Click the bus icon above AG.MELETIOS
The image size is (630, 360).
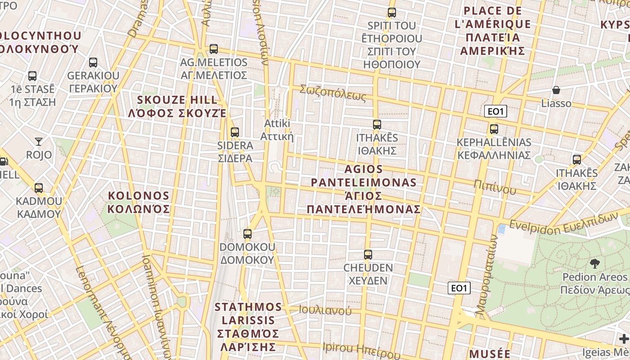[214, 49]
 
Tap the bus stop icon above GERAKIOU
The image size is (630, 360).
[93, 62]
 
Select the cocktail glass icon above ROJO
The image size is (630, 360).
[39, 142]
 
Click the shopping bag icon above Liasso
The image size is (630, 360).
[556, 90]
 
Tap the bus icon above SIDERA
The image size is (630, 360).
[234, 132]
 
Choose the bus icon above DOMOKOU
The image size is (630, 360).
[247, 234]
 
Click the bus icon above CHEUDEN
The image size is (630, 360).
[368, 255]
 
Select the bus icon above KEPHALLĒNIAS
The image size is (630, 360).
[494, 129]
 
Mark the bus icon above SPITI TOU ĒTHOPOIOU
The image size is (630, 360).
[392, 12]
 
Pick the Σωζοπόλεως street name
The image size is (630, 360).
[333, 93]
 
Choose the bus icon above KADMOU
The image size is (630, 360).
[39, 188]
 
